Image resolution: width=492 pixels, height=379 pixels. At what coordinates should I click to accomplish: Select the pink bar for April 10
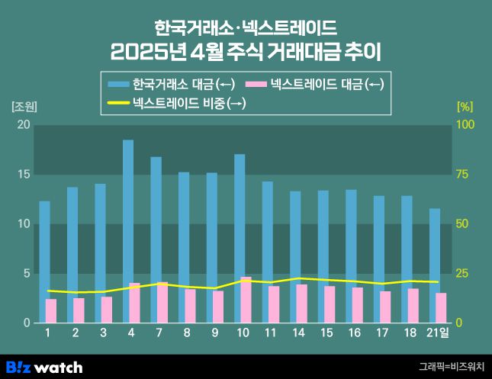click(x=246, y=300)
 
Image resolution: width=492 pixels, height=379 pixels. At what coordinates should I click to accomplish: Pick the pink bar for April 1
click(x=51, y=310)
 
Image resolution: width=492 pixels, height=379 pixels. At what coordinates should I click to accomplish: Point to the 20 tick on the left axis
click(x=24, y=124)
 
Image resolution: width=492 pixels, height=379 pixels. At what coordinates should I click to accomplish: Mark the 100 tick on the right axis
click(x=465, y=124)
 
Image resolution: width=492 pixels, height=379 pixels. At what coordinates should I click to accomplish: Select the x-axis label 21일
click(x=437, y=333)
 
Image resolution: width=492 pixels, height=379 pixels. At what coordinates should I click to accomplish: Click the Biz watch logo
click(x=44, y=367)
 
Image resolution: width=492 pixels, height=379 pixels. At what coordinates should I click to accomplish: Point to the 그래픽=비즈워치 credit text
click(x=452, y=367)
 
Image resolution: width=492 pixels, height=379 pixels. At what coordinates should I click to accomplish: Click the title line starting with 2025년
click(x=246, y=53)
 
